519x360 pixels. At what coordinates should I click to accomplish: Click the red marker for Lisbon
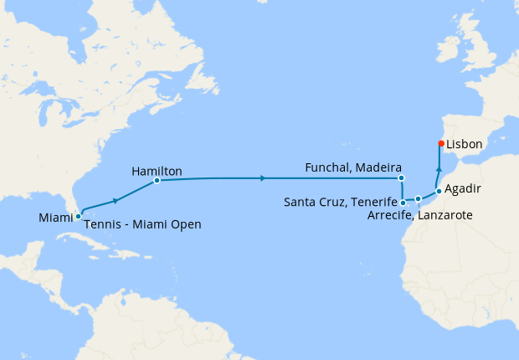coord(441,143)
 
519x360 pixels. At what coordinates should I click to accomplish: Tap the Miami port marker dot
coord(78,216)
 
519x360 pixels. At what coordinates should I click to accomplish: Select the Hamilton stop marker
coord(157,180)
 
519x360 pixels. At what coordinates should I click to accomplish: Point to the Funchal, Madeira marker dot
coord(401,177)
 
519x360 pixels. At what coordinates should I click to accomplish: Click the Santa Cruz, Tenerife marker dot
coord(403,202)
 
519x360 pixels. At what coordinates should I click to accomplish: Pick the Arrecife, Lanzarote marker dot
coord(418,199)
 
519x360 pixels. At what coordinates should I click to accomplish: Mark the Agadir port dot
coord(438,191)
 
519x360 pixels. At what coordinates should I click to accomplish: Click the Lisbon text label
coord(465,144)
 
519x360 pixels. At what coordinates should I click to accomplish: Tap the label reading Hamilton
coord(157,171)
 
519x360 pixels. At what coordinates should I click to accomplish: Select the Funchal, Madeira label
coord(354,167)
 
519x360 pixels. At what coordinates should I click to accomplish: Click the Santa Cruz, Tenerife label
coord(340,202)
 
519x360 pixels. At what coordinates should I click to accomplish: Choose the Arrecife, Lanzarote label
coord(419,215)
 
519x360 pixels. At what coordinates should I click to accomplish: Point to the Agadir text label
coord(463,188)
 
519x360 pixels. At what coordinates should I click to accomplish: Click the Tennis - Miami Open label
coord(143,224)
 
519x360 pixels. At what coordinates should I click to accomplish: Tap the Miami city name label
coord(55,218)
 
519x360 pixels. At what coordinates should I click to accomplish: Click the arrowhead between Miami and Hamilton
coord(116,200)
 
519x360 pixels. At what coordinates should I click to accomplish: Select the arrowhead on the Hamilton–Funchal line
coord(264,178)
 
